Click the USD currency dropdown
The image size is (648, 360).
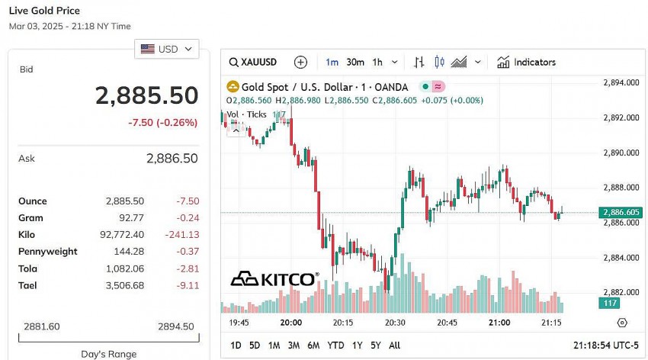click(167, 49)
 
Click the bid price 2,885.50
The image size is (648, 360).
click(146, 96)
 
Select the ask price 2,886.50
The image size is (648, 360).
click(172, 159)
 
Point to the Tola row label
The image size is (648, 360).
click(27, 268)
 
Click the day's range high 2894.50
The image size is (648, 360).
click(175, 326)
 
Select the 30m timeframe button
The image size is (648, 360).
click(354, 63)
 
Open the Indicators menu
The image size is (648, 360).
click(526, 63)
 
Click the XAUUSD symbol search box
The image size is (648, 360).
click(254, 63)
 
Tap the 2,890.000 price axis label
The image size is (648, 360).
click(621, 153)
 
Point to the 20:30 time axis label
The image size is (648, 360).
click(395, 323)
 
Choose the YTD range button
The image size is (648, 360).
click(335, 346)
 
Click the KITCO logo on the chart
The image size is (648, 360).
click(274, 279)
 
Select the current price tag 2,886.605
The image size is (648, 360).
click(621, 213)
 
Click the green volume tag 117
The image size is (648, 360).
click(610, 304)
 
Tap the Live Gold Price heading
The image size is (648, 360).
click(43, 11)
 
